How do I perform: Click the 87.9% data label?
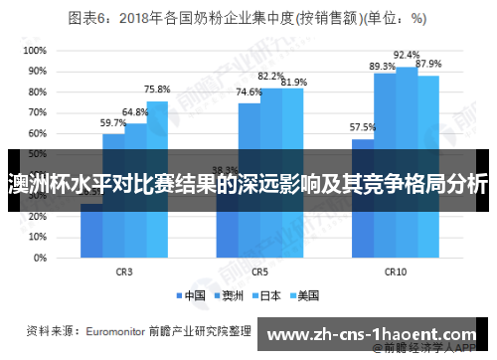(x=429, y=64)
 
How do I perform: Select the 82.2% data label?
(x=271, y=76)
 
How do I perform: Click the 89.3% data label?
(x=383, y=66)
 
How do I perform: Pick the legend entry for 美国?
(x=304, y=294)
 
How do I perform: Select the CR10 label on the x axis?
(x=396, y=270)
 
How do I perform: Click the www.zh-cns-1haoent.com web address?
(x=374, y=335)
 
